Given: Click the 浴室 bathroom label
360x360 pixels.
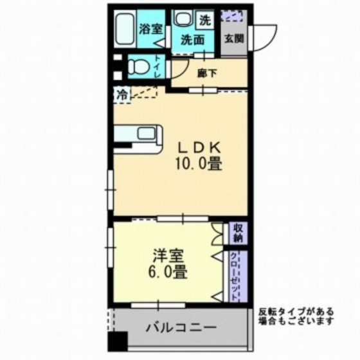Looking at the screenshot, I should tap(150, 28).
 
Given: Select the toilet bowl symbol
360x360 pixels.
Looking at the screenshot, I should tap(138, 66).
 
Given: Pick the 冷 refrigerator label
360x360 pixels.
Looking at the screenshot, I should tap(122, 94).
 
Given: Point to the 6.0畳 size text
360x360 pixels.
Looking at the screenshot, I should tap(169, 273).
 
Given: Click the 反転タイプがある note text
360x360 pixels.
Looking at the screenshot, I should tap(296, 311).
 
